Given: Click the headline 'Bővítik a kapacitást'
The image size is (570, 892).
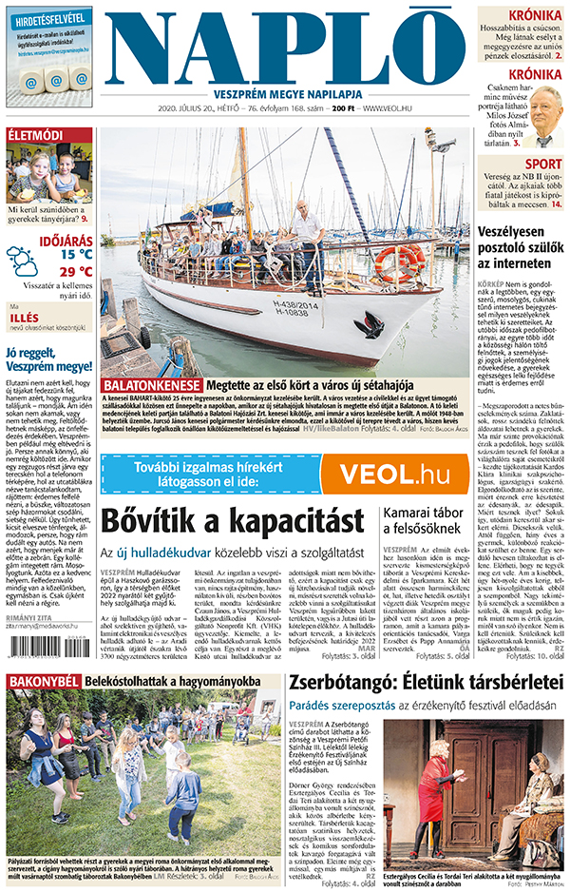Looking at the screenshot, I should [233, 521].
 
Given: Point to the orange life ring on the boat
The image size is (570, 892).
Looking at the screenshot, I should [399, 262].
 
